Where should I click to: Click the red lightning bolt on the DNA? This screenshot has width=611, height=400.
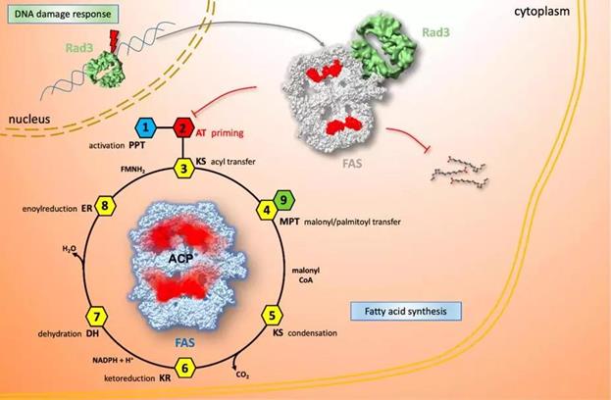pyautogui.click(x=89, y=44)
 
